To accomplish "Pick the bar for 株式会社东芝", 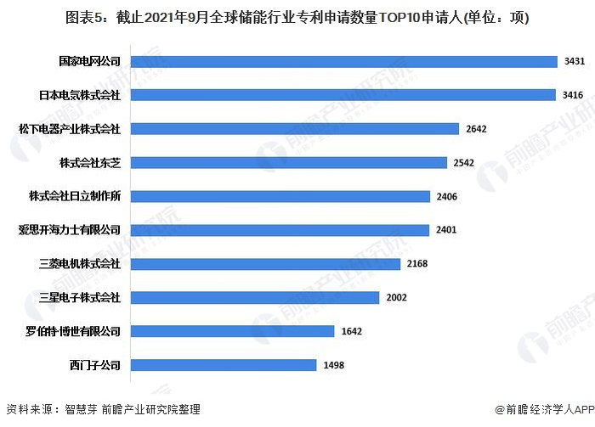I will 288,162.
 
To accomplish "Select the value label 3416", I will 573,95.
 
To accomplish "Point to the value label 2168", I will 417,264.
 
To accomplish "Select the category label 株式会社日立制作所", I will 76,196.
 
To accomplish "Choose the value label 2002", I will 396,297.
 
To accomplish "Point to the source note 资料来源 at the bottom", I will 103,409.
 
